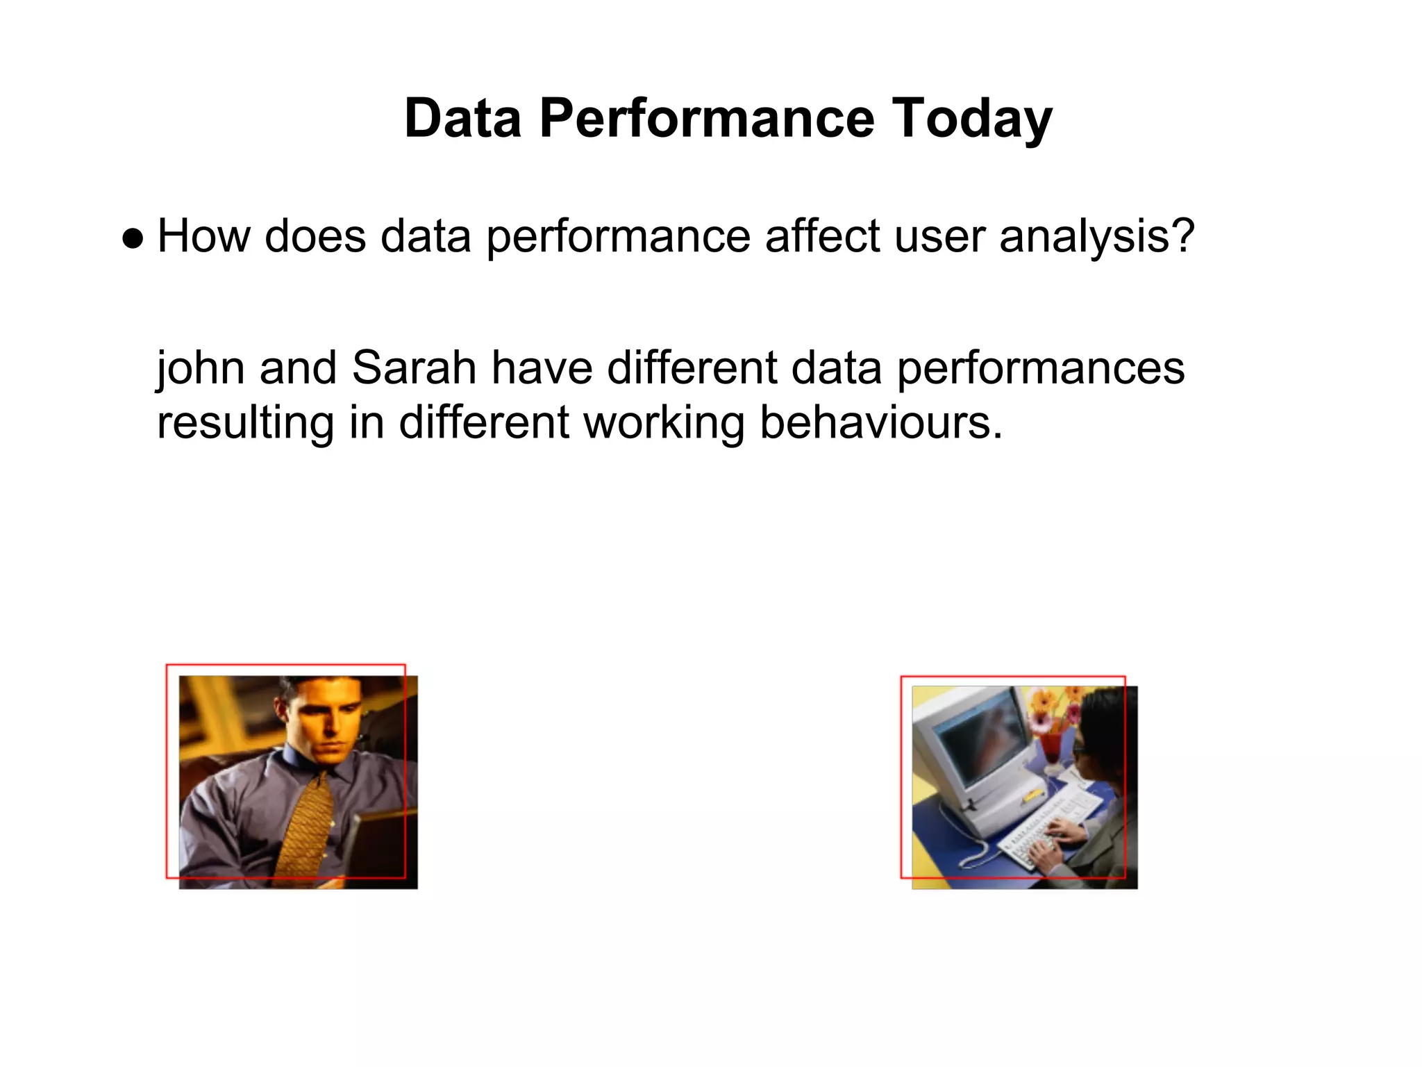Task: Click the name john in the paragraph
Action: tap(200, 368)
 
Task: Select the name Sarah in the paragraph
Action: tap(414, 368)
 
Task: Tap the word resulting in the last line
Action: tap(245, 424)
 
